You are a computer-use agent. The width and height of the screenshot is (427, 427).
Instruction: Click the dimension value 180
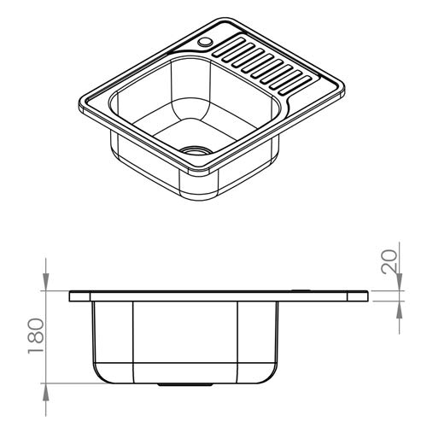[x=37, y=336]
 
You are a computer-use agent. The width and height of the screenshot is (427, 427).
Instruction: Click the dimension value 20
[x=389, y=261]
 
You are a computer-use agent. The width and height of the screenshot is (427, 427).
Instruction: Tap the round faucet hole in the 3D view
[x=205, y=42]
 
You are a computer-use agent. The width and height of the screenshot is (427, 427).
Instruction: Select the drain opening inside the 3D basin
[x=196, y=150]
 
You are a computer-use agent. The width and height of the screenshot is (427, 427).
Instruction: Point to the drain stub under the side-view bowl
[x=185, y=384]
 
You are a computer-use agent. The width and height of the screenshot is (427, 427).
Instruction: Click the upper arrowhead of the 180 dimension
[x=45, y=281]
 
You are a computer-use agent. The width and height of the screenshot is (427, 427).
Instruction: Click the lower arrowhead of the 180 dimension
[x=45, y=392]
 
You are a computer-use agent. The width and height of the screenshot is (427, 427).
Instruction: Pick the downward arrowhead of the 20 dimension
[x=399, y=282]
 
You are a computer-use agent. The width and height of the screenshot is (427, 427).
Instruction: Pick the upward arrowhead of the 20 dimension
[x=399, y=310]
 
